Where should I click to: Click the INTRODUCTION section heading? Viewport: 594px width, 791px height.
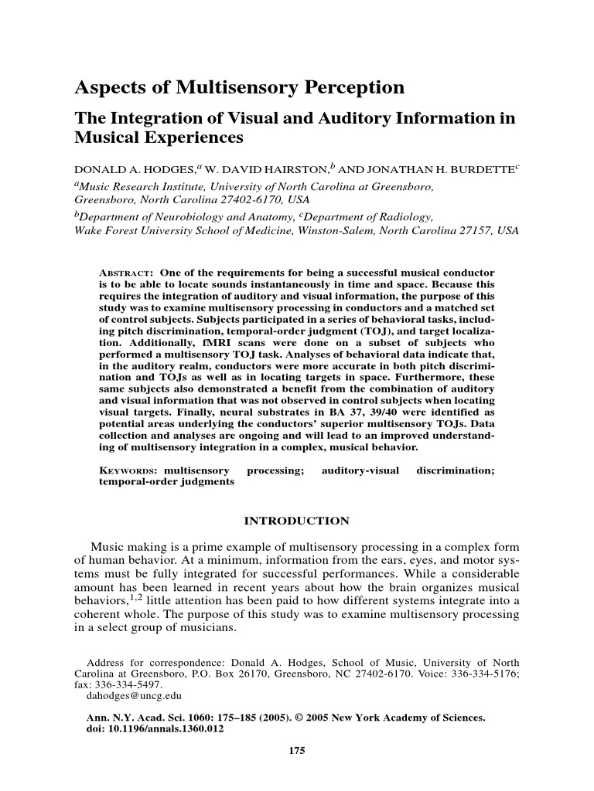click(296, 521)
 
